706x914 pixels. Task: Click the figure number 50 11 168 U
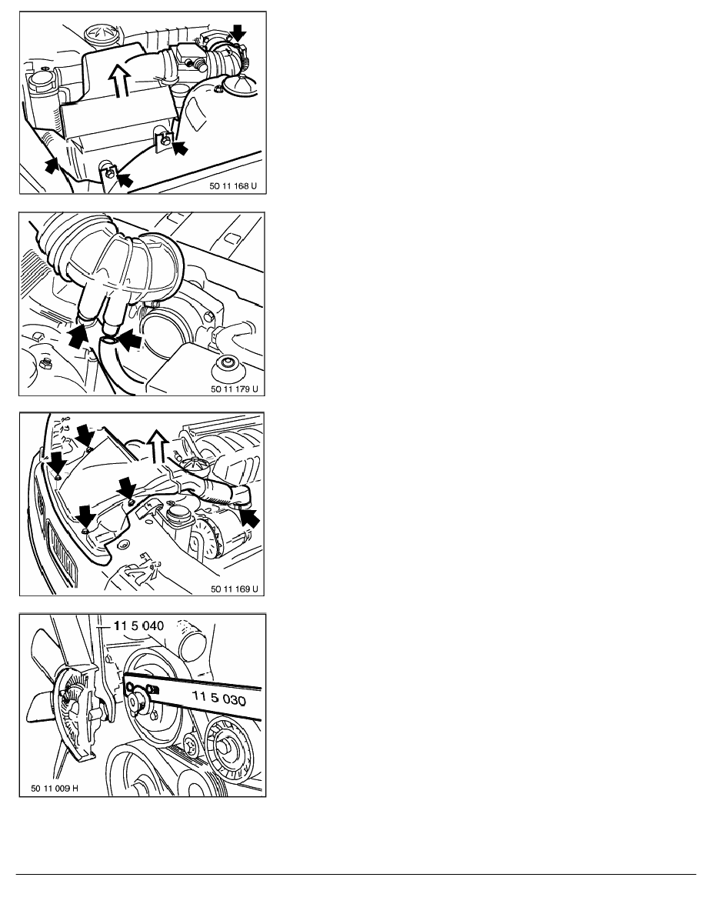(233, 186)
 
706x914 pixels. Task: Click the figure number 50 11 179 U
(234, 389)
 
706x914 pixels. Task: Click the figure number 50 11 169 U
(234, 589)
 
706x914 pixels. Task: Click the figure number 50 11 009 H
(55, 789)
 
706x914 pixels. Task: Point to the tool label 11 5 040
(138, 625)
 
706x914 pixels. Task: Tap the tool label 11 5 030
(219, 697)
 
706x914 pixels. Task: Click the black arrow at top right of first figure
(239, 33)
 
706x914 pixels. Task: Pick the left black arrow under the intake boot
(78, 337)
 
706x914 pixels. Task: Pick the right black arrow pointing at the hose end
(130, 340)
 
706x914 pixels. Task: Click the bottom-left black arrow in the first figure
(52, 165)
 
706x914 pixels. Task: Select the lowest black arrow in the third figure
(85, 516)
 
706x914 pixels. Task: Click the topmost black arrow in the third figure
(85, 434)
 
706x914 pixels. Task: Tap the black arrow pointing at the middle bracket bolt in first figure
(180, 148)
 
